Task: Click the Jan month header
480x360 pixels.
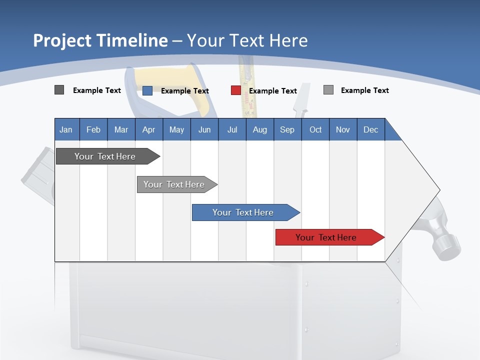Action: (x=66, y=129)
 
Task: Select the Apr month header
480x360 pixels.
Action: (x=148, y=129)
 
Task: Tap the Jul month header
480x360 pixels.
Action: (x=232, y=129)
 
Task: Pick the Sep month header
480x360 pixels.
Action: (x=287, y=129)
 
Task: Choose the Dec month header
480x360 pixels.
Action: (x=370, y=129)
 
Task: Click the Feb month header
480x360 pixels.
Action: (x=93, y=129)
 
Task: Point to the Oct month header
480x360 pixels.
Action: (x=315, y=129)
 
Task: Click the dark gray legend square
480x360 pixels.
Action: (x=59, y=90)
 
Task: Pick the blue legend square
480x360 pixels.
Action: (x=147, y=90)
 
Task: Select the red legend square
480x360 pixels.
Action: (x=236, y=90)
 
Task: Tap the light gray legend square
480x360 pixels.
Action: (x=328, y=90)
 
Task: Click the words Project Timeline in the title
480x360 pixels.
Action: (x=100, y=40)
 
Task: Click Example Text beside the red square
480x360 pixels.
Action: (x=273, y=91)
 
